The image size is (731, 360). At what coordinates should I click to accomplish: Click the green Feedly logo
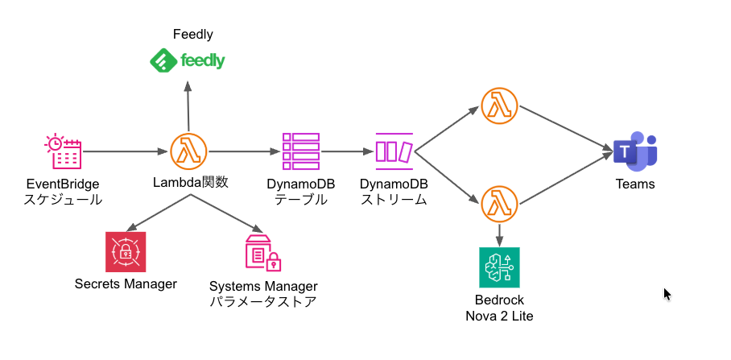point(188,60)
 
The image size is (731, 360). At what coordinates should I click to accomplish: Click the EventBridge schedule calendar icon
point(63,152)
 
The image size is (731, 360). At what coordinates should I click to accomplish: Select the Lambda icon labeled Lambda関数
point(189,151)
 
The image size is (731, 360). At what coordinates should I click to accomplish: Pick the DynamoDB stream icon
point(394,151)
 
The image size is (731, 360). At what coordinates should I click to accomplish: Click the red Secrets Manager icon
point(126,252)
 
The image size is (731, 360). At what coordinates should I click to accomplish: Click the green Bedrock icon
point(499,267)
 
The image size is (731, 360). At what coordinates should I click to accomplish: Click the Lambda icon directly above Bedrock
point(499,203)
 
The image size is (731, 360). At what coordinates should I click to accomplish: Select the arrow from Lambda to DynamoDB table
point(242,151)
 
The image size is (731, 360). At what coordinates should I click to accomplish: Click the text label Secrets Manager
point(126,283)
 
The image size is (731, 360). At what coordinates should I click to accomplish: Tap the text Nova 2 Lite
point(499,316)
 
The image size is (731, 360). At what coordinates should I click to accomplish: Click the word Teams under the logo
point(635,184)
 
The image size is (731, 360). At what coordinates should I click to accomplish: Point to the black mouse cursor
point(667,294)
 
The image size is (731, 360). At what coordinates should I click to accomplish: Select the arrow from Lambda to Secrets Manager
point(157,213)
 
